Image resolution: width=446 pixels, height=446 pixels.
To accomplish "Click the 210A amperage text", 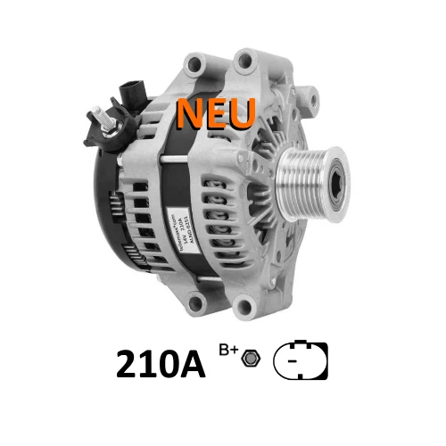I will (161, 363).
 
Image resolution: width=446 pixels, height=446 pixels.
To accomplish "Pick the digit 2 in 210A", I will (127, 364).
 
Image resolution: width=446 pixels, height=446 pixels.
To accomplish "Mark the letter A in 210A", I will (195, 364).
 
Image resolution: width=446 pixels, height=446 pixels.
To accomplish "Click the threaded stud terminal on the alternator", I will (101, 120).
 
